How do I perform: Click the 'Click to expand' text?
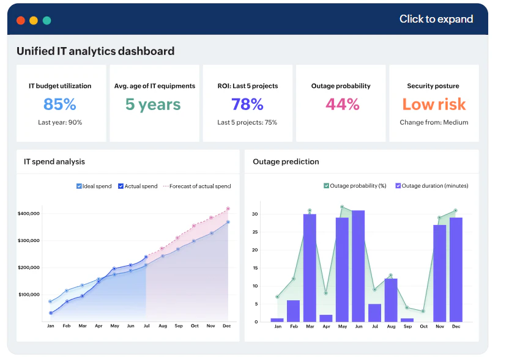coord(436,19)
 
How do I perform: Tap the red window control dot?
coord(21,20)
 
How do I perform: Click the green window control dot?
coord(46,20)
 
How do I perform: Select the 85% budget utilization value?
coord(60,105)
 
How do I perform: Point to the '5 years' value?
coord(153,105)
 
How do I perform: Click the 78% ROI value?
coord(247,105)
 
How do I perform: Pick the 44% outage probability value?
coord(342,105)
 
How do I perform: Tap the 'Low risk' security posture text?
coord(434,105)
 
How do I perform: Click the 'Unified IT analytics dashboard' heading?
coord(95,51)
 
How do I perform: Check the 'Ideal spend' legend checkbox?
coord(79,186)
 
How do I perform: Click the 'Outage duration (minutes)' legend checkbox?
coord(398,186)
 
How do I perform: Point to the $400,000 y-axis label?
coord(29,213)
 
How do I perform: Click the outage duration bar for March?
coord(310,268)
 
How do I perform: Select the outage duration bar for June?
coord(358,266)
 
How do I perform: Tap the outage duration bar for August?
coord(390,300)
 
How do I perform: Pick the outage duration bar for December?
coord(455,270)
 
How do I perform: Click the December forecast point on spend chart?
coord(228,208)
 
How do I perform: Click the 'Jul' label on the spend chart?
coord(146,326)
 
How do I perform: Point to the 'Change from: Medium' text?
coord(434,122)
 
